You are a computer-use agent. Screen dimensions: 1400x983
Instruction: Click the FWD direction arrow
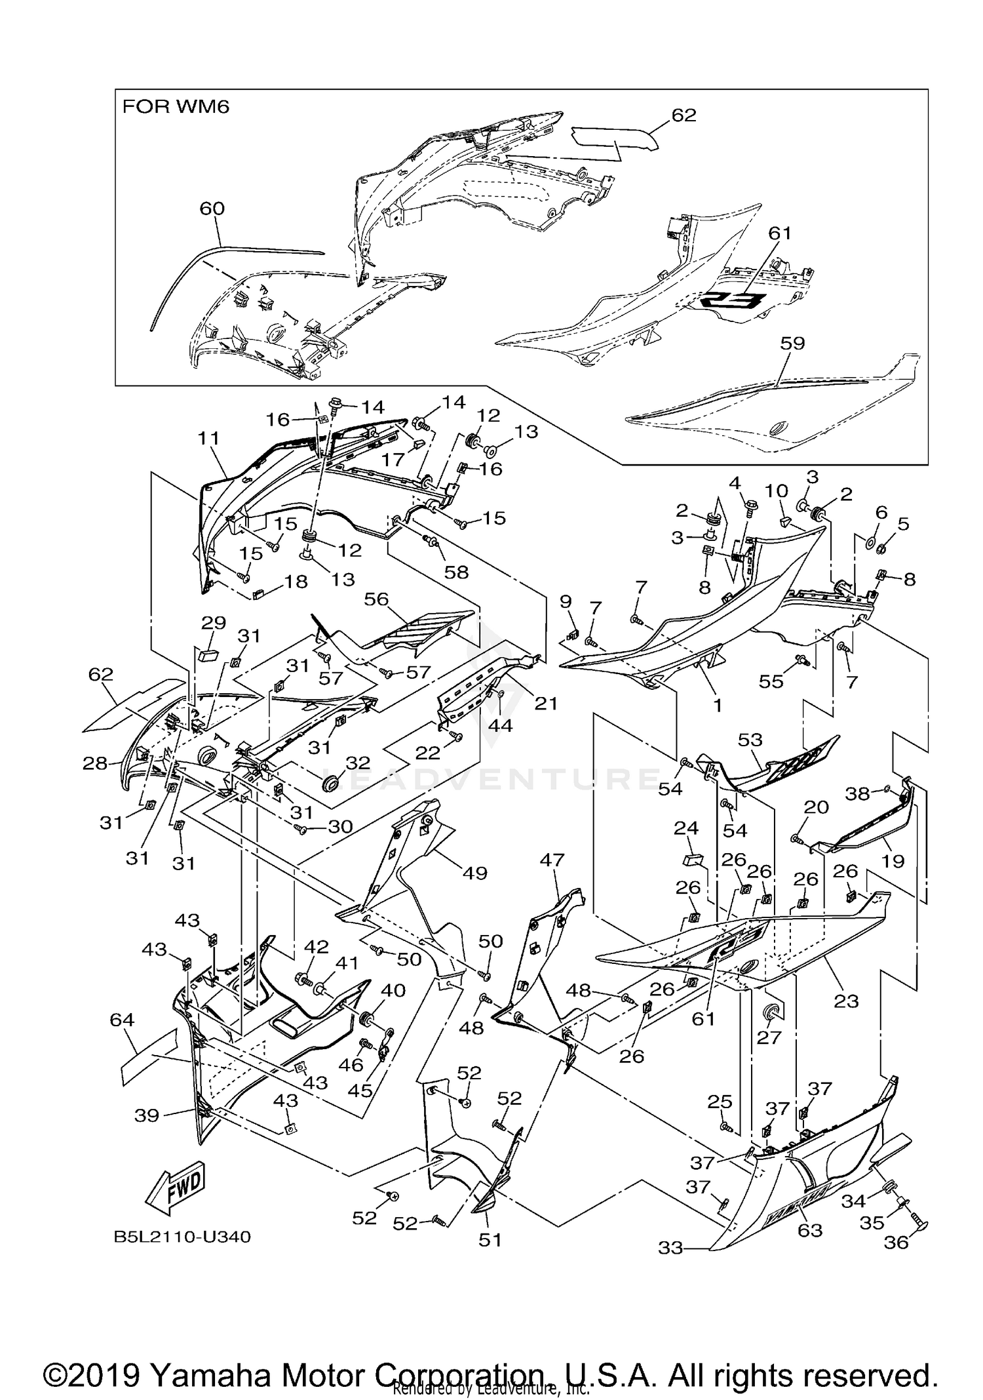coord(176,1188)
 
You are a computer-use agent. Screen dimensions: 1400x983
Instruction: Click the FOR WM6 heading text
coord(176,107)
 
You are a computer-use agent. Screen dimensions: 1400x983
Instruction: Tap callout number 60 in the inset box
coord(212,209)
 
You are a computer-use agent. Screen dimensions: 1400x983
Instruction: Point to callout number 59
coord(792,343)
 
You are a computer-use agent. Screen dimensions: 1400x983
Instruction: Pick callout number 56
coord(377,599)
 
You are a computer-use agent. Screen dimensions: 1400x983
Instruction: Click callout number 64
coord(122,1020)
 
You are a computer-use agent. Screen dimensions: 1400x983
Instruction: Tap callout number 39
coord(147,1115)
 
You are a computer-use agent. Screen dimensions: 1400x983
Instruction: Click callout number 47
coord(552,860)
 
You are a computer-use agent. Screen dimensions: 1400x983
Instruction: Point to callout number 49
coord(474,873)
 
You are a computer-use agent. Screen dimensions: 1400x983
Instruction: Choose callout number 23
coord(845,1001)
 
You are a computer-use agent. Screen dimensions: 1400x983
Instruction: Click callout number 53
coord(750,740)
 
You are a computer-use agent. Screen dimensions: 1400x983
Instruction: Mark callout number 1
coord(718,705)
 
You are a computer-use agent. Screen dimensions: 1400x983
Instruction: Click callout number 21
coord(545,704)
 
